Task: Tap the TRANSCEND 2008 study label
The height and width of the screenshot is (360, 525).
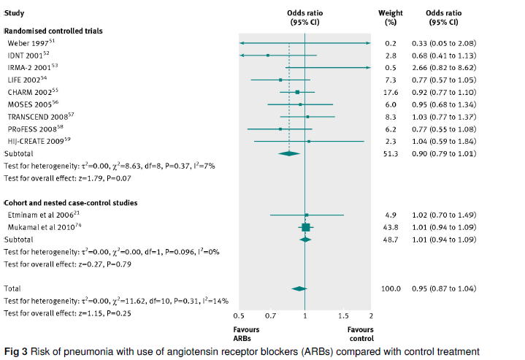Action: point(37,116)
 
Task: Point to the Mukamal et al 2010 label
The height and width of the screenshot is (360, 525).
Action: point(42,227)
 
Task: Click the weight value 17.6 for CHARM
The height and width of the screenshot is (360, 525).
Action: point(391,93)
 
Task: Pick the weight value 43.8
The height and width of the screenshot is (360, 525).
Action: point(391,227)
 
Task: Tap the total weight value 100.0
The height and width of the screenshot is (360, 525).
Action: point(391,288)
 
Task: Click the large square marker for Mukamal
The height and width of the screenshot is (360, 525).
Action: point(306,227)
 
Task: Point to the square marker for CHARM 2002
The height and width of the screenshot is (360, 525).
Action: point(297,93)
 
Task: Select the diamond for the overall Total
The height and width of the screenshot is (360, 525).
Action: point(299,288)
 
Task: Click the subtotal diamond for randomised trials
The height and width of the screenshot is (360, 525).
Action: point(290,153)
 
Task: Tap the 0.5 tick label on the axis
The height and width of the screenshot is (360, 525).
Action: point(239,315)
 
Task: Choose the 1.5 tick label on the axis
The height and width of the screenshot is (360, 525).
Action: point(343,315)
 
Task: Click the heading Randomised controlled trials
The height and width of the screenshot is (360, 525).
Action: point(53,31)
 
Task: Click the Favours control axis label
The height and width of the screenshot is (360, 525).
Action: point(361,334)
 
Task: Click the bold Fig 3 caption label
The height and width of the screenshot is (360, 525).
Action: point(16,352)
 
